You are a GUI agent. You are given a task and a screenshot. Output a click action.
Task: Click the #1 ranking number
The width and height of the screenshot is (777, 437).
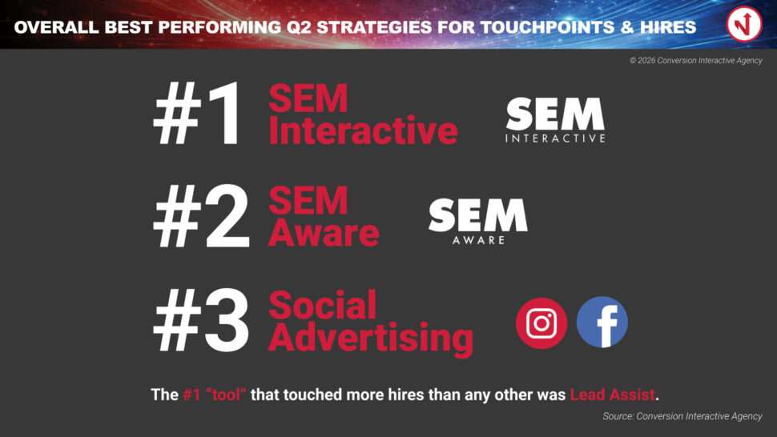[198, 114]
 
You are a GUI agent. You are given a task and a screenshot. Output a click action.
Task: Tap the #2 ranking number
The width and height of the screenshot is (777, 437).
[201, 216]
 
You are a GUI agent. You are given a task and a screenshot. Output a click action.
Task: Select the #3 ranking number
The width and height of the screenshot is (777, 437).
[201, 321]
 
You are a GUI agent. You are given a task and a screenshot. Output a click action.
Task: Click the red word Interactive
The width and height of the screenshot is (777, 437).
[363, 130]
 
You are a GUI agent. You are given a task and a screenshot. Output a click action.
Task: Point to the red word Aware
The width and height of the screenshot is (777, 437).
[324, 233]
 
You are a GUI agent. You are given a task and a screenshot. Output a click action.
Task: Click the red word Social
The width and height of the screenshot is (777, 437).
[323, 306]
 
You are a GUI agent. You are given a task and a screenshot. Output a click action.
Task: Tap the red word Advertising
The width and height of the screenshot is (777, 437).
[371, 339]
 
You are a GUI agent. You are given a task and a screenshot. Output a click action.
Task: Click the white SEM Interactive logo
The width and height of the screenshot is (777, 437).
[555, 120]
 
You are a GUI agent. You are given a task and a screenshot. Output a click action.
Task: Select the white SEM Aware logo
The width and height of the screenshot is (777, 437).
[477, 221]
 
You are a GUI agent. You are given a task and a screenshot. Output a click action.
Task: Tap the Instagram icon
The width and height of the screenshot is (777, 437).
[541, 323]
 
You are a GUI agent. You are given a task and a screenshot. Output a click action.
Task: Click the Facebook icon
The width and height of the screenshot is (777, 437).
[602, 323]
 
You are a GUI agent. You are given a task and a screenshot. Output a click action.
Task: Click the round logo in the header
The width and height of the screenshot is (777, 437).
[744, 24]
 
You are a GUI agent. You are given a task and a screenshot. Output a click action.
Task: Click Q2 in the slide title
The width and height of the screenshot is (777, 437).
[299, 27]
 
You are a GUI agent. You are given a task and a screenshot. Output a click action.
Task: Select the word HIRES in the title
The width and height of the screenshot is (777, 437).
[668, 27]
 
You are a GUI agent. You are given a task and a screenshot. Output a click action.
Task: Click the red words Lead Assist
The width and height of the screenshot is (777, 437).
[613, 395]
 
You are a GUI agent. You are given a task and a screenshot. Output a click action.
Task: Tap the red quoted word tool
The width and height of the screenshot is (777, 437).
[226, 395]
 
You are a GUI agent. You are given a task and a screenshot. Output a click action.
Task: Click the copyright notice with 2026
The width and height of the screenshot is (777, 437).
[696, 60]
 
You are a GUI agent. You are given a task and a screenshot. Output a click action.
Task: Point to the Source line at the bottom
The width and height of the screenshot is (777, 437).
[682, 416]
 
